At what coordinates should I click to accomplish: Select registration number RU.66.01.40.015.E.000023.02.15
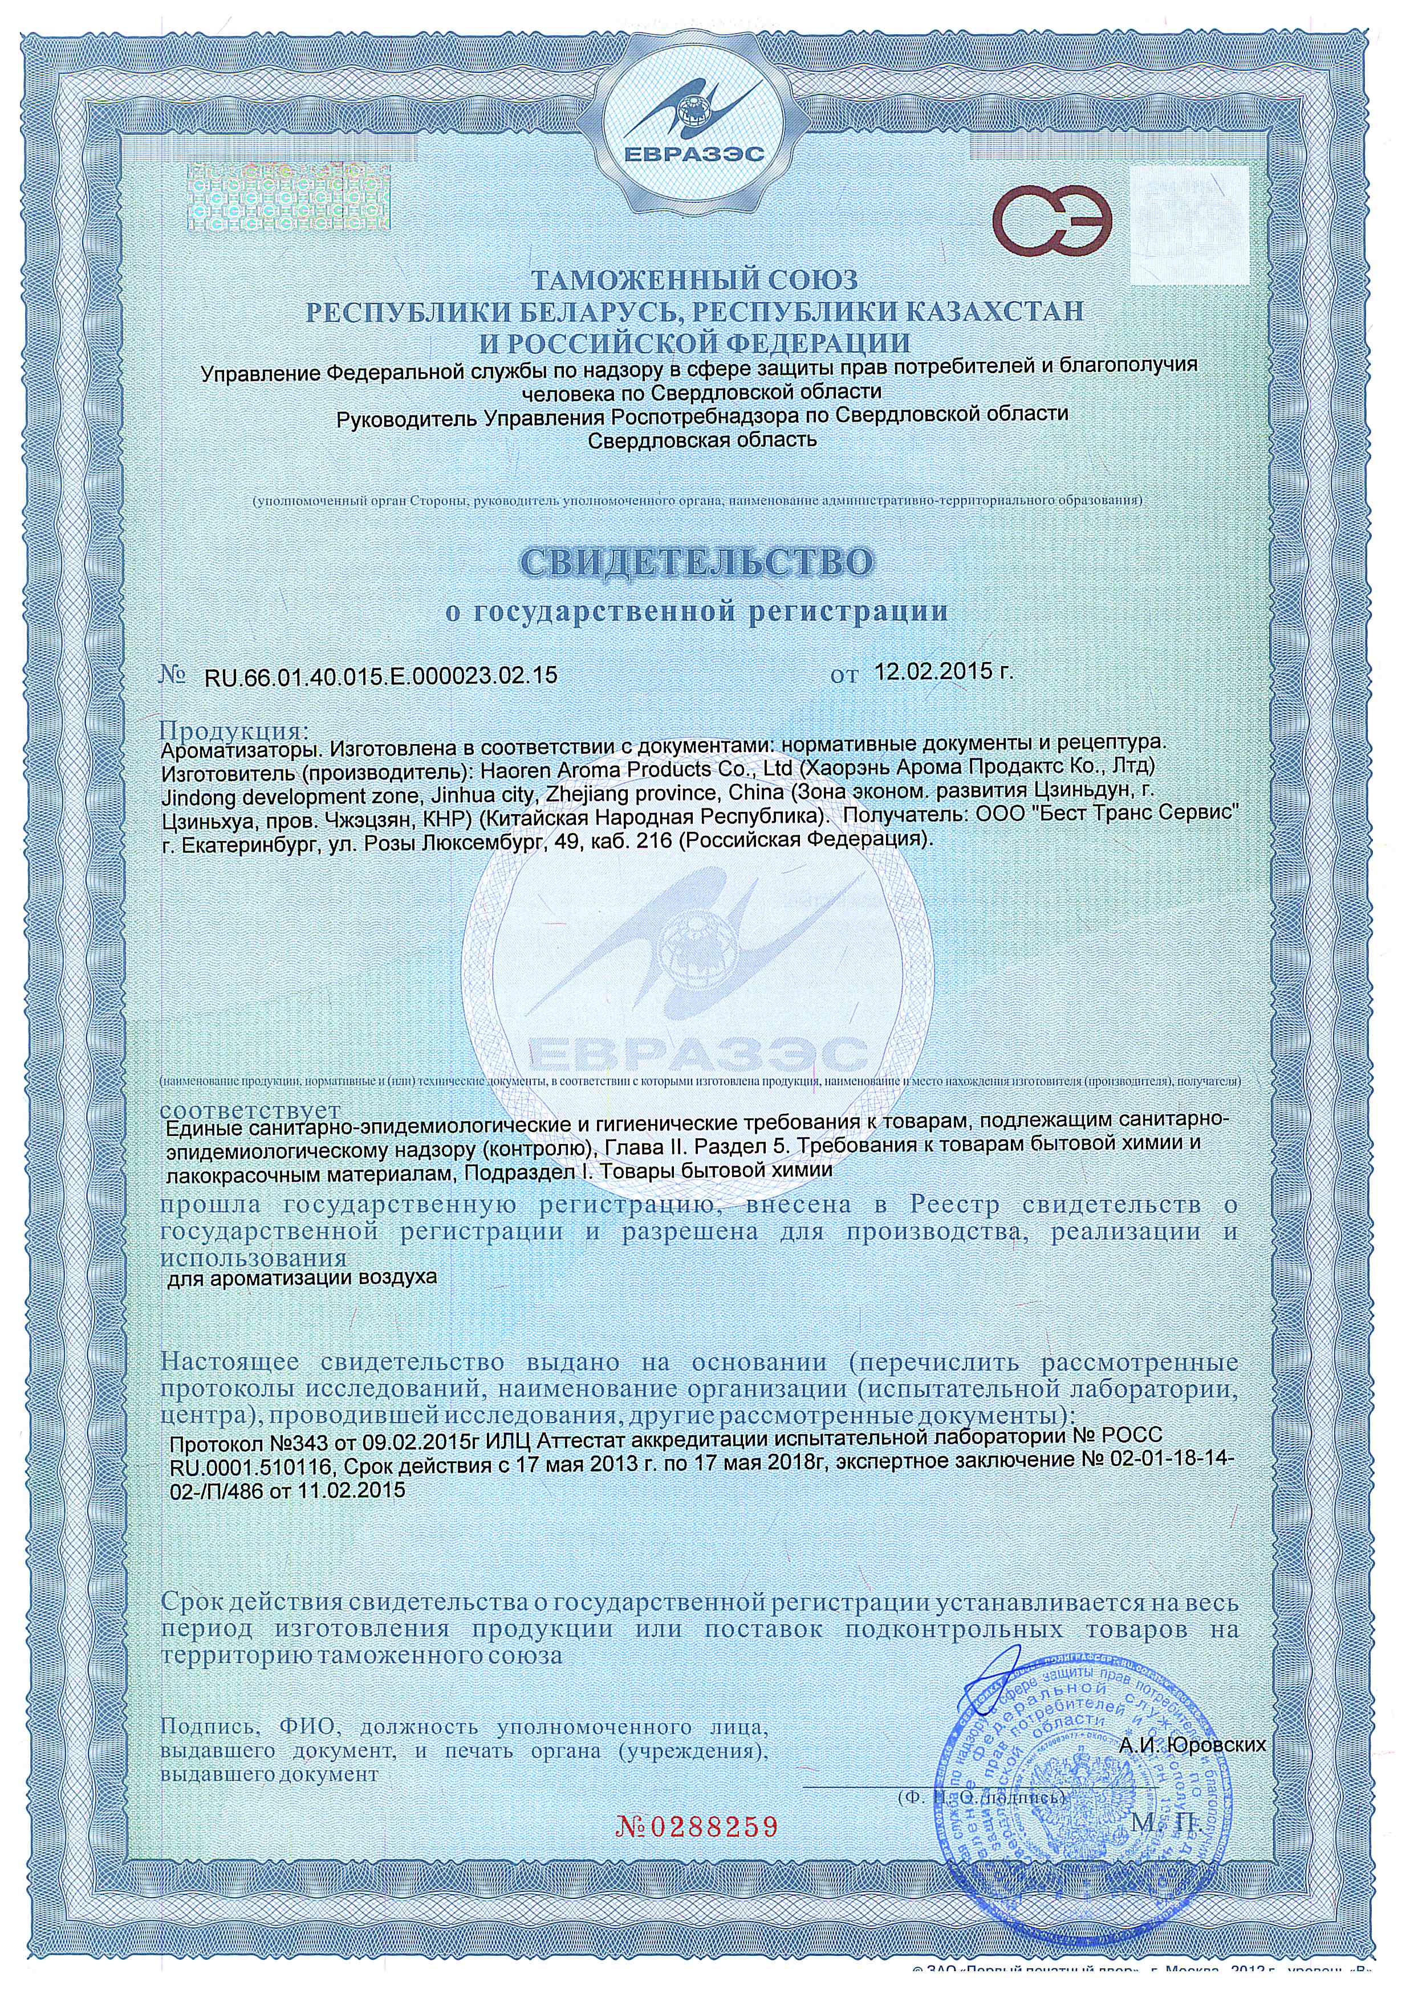click(x=380, y=675)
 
